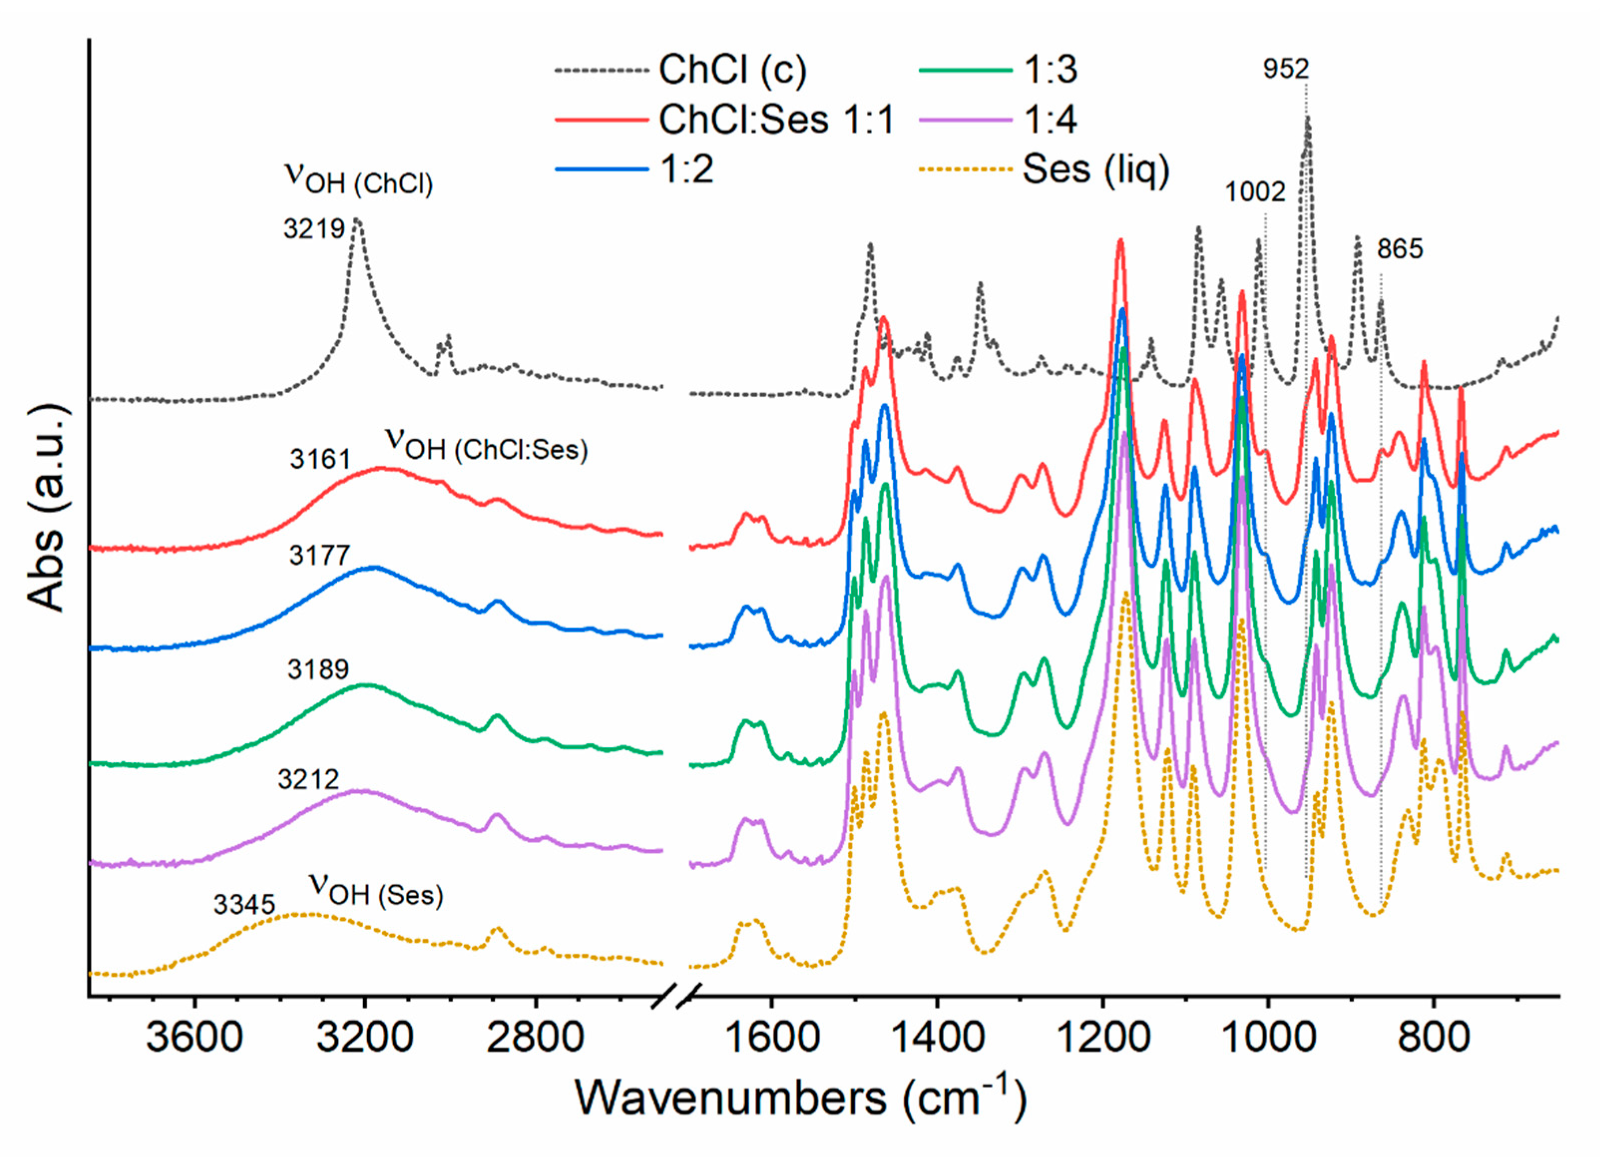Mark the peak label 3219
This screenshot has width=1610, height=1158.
pos(314,229)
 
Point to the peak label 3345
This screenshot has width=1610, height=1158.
pos(243,905)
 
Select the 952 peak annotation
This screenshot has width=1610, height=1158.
pos(1286,69)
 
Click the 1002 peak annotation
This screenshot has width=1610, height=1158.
pos(1254,192)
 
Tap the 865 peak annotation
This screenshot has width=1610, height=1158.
pos(1400,249)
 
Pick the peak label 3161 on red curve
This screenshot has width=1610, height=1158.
pos(320,460)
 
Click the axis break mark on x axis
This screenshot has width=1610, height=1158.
pos(676,997)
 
